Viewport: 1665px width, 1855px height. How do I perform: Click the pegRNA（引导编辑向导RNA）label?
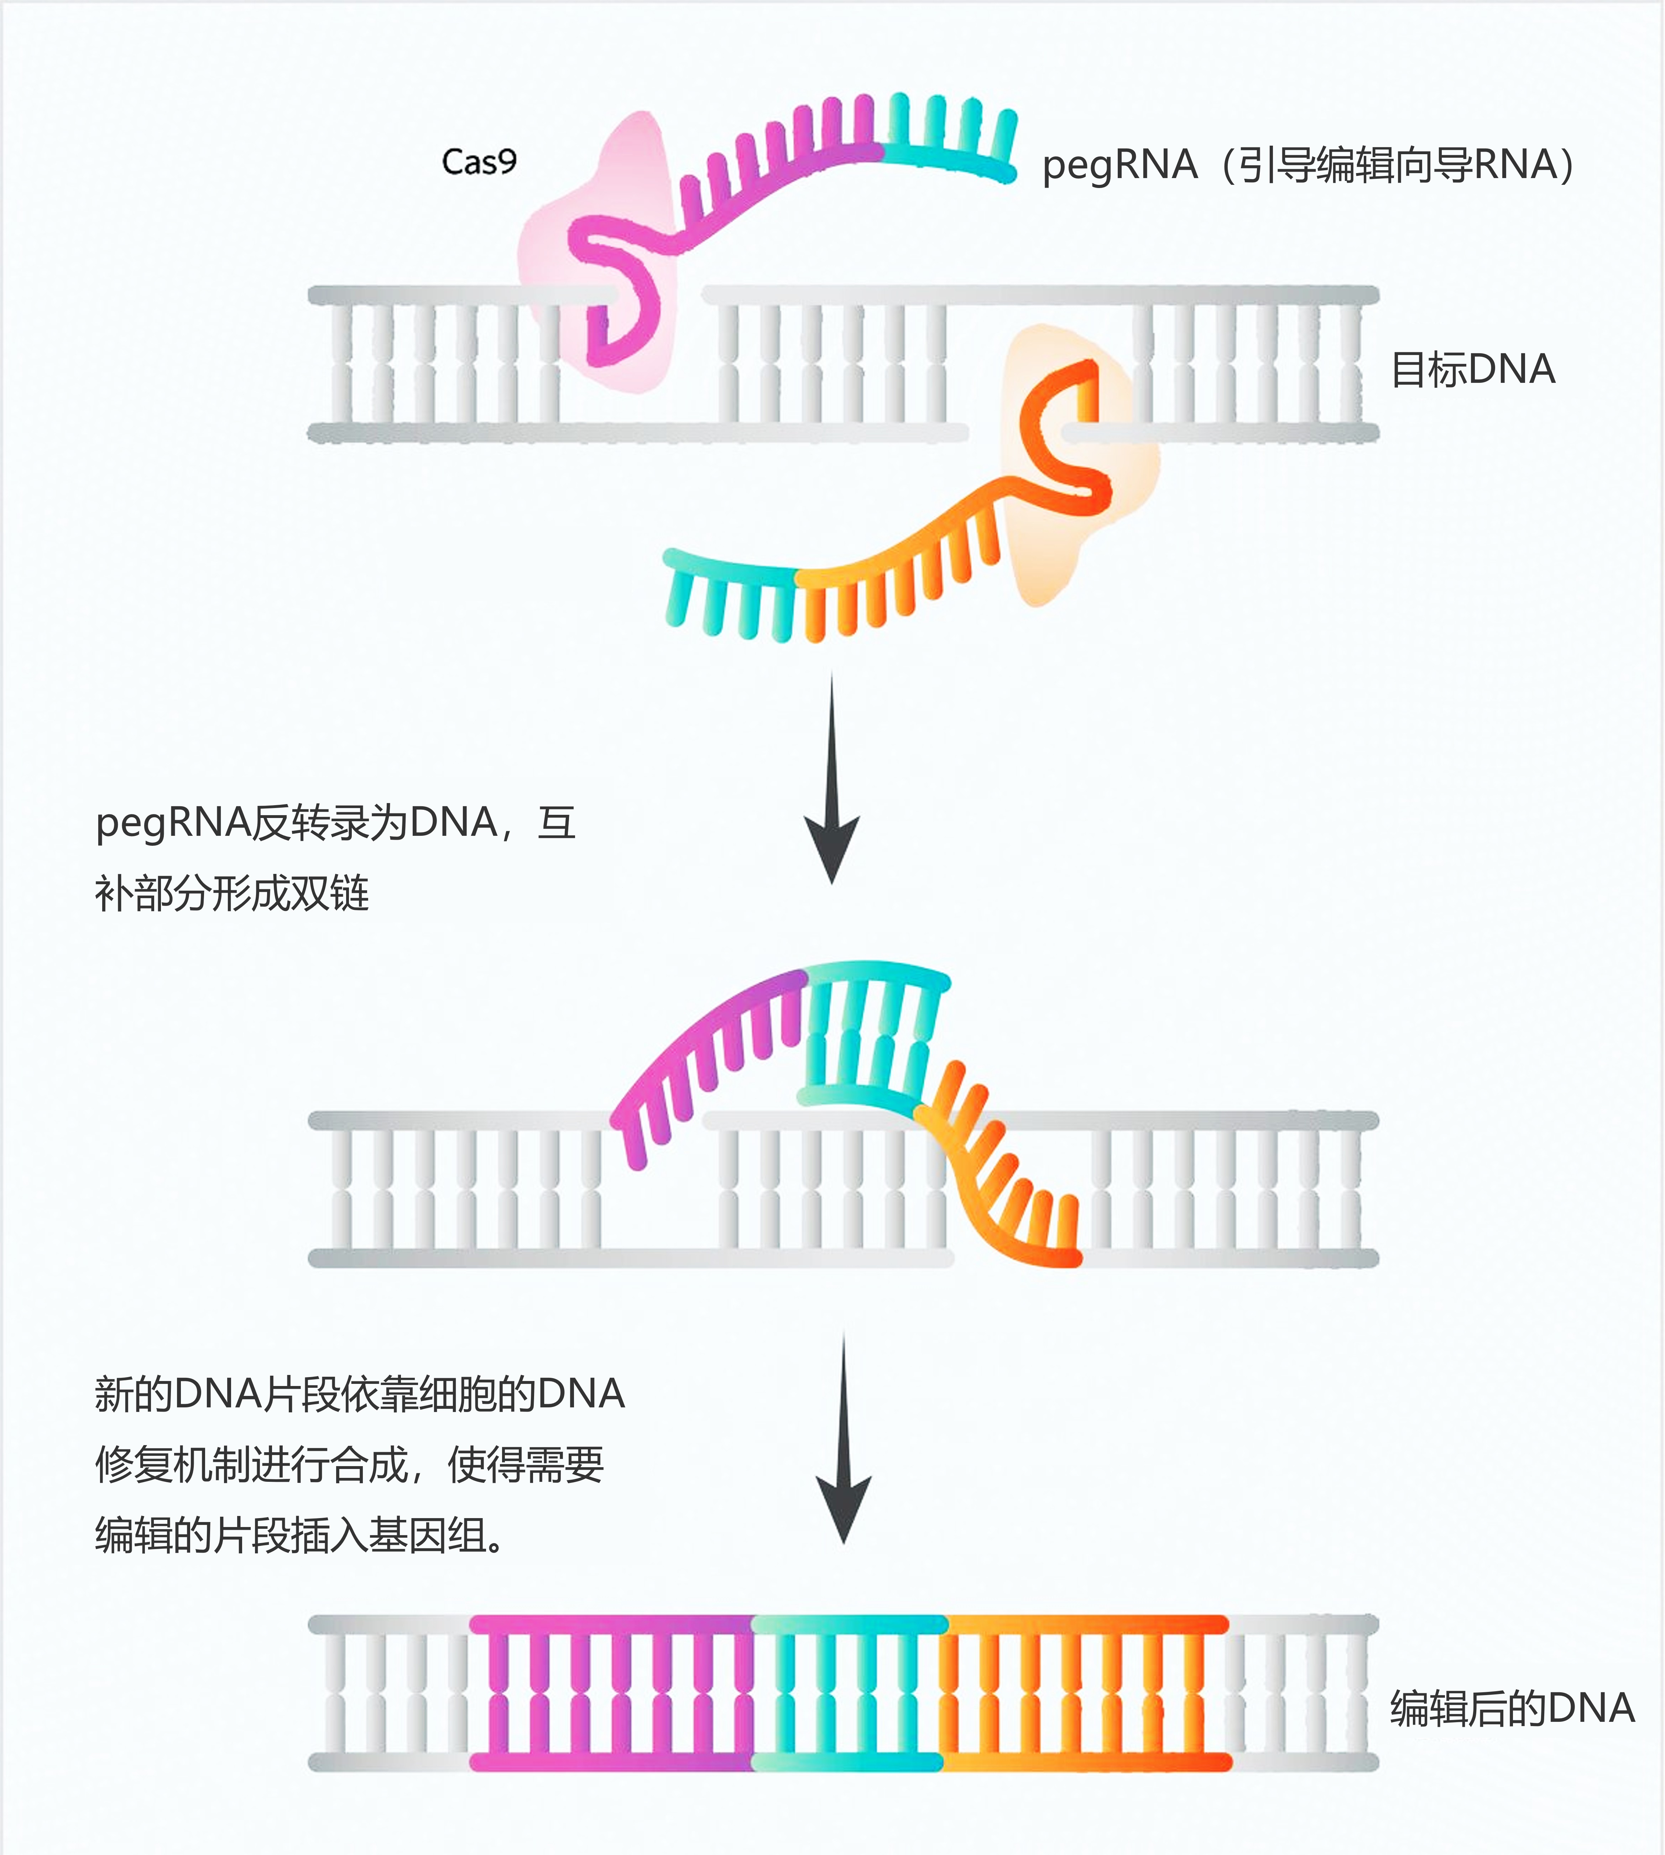coord(1308,166)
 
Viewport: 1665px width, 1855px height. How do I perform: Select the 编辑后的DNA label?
coord(1511,1708)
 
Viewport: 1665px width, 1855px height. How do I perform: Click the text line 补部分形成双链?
coord(231,893)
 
